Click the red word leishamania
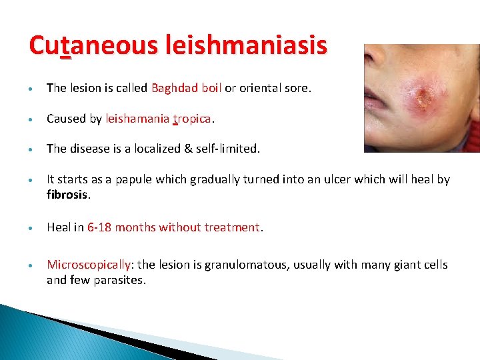(x=137, y=119)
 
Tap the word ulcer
(x=316, y=179)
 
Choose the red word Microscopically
(x=88, y=265)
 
